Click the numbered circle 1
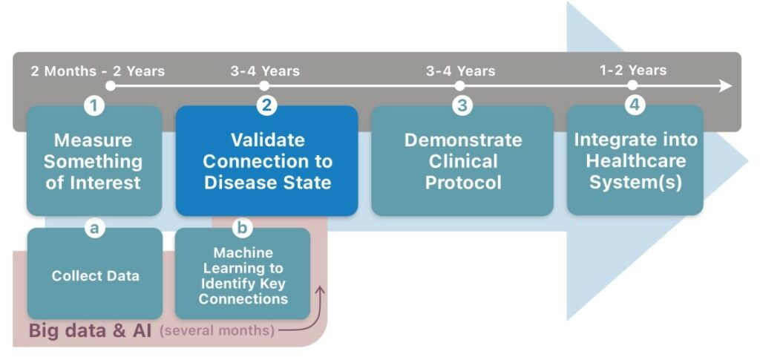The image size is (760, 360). point(94,105)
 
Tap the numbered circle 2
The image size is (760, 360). point(266,105)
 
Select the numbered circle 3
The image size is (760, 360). point(462,105)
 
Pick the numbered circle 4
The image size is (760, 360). point(634,105)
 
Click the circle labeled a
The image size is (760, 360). point(94,228)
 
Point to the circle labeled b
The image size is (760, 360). point(242,228)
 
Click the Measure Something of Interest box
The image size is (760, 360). point(94,161)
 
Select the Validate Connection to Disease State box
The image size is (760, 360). point(266,161)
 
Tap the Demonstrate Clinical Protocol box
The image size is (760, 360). point(462,161)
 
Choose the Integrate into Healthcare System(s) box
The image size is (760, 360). point(635,161)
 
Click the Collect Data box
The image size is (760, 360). point(95,274)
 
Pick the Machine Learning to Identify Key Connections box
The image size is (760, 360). point(243,274)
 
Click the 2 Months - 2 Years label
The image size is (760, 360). point(98,71)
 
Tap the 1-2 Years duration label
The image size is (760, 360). point(633,71)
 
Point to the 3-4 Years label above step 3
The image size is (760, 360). point(460,71)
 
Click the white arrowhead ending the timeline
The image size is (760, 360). point(726,86)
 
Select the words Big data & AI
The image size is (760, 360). point(90,330)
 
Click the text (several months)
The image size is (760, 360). point(217,331)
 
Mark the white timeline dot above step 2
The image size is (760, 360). point(264,86)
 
